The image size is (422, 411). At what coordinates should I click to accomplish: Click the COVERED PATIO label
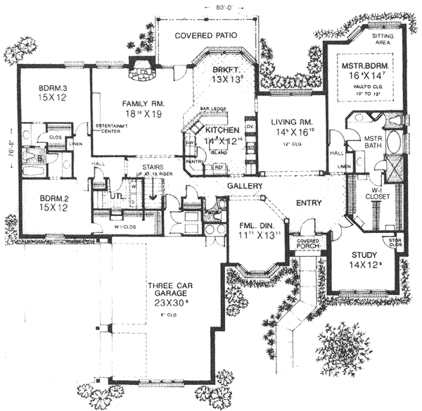point(205,34)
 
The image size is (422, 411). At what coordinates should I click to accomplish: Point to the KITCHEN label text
point(222,130)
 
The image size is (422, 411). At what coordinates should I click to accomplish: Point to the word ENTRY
point(309,203)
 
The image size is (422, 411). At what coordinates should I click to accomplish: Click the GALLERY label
point(245,186)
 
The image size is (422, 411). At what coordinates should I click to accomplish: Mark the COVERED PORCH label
point(307,244)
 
